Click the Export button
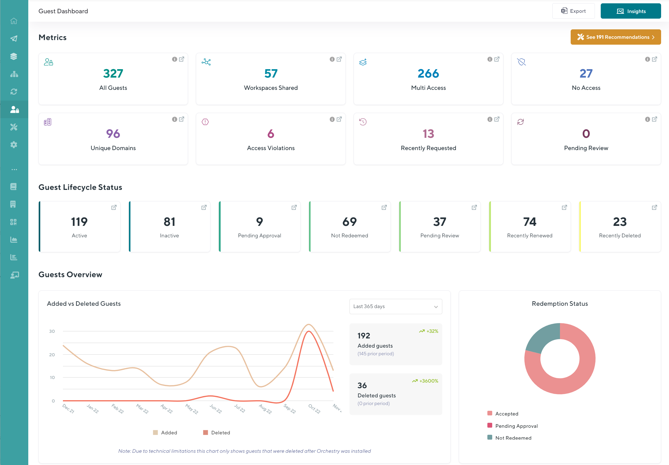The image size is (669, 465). point(573,11)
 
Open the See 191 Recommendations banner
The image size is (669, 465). point(615,37)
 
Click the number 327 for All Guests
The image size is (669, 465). point(113,74)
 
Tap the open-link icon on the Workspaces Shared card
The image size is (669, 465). point(339,59)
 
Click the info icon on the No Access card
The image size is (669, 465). point(647,59)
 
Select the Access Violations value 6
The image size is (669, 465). point(271,134)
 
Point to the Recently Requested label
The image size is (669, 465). point(428,148)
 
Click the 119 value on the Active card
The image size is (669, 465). point(79,222)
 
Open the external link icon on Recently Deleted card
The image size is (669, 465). point(654,207)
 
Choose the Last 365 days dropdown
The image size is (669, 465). point(395,306)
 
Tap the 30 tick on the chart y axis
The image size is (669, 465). point(52,331)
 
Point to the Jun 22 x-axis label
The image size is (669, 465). point(216,409)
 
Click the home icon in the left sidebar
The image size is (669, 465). point(14,21)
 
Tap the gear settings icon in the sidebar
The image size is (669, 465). point(14,145)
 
